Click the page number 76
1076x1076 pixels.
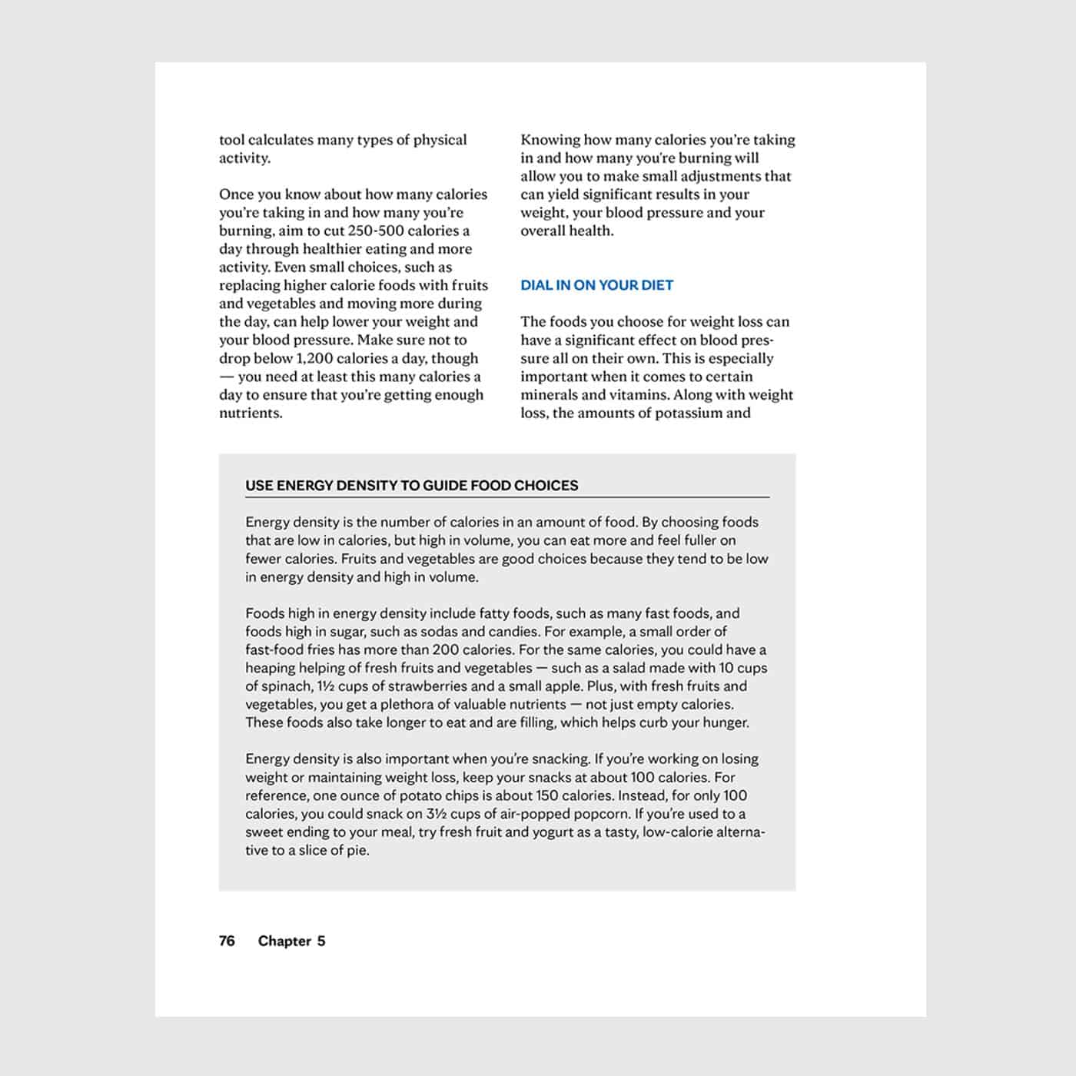point(227,941)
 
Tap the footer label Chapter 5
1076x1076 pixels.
point(291,941)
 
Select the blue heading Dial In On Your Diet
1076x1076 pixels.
point(596,285)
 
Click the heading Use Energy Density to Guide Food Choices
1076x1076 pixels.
point(411,485)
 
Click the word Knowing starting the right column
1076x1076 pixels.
point(550,140)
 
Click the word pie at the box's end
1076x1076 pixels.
point(356,850)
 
